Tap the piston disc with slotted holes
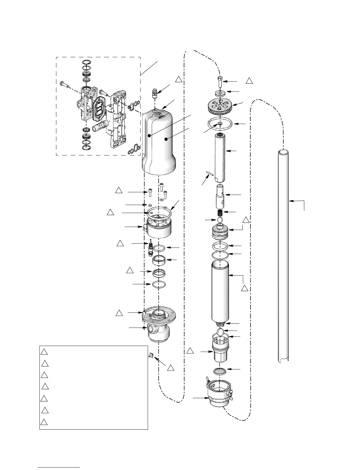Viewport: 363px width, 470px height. click(219, 106)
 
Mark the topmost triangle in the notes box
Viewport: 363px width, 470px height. click(44, 352)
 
